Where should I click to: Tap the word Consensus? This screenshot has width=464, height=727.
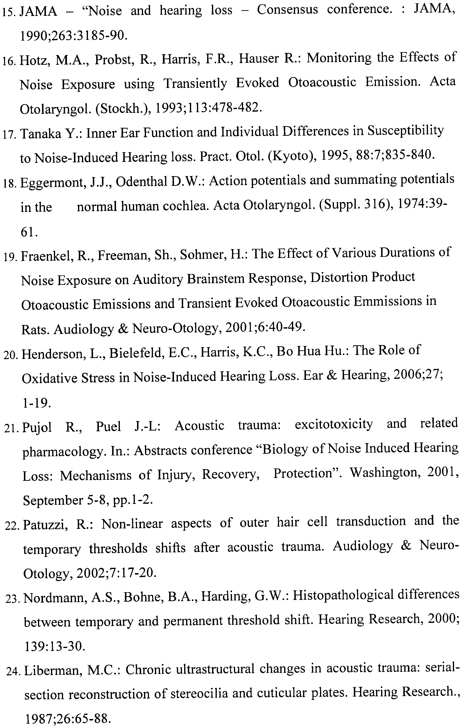(287, 10)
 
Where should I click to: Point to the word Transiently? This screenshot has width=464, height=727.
(195, 83)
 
